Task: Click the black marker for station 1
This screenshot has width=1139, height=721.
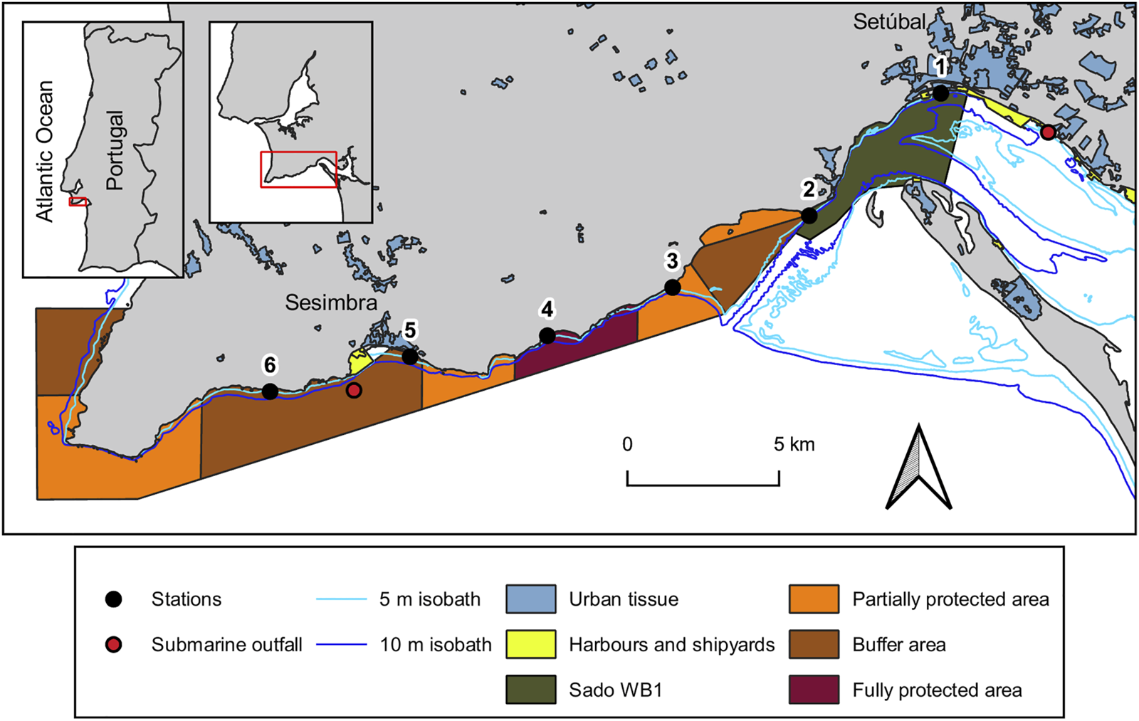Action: (940, 93)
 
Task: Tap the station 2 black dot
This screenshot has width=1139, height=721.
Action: (809, 215)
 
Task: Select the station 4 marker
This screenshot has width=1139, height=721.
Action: (547, 336)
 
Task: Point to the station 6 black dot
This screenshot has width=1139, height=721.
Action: (270, 391)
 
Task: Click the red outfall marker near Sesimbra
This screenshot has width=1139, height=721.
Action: (354, 390)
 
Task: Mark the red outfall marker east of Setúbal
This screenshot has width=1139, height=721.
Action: (1048, 132)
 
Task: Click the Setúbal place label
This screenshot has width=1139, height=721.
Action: (889, 22)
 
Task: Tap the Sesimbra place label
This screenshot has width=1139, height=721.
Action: (331, 302)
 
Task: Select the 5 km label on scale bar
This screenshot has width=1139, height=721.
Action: (794, 445)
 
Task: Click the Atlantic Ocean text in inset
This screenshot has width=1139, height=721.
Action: (45, 151)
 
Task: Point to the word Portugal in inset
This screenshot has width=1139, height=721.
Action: (114, 149)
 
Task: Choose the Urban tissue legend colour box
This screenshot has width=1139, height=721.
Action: (531, 599)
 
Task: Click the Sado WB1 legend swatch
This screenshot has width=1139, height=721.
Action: (531, 690)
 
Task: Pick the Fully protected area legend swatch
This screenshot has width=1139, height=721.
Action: (814, 690)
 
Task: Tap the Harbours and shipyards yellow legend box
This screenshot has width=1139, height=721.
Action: (531, 645)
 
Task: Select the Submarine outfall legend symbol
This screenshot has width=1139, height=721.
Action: (113, 645)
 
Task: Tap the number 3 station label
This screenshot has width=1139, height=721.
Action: (672, 261)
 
